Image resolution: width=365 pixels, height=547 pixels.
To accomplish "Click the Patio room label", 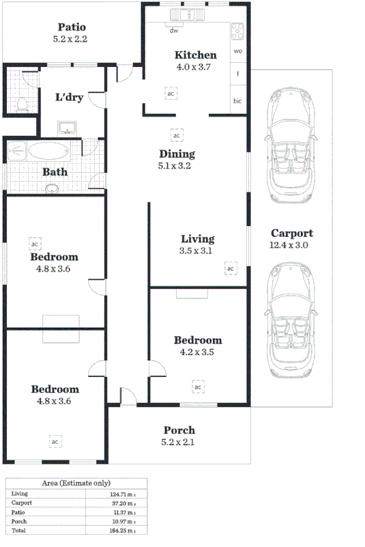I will [70, 28].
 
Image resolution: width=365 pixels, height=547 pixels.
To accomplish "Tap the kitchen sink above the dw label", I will [186, 14].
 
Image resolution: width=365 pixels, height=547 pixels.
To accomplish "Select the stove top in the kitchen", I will [237, 30].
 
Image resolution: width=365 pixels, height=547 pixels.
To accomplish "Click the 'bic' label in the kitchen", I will [237, 101].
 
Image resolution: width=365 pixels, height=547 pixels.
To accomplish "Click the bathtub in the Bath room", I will [47, 150].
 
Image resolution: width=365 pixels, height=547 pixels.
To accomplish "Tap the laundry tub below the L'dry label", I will [67, 127].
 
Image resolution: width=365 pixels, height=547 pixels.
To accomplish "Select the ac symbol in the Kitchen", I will [171, 93].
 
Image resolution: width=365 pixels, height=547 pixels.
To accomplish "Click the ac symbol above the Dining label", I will [177, 135].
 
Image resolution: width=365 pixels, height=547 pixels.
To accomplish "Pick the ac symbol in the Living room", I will [231, 268].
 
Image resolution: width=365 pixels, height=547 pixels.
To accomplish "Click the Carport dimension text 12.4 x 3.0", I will [291, 245].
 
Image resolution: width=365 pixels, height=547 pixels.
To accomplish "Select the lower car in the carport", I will [291, 319].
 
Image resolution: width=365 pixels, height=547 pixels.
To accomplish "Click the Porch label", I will [179, 430].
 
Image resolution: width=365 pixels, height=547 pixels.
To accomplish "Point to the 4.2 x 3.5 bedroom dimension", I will [197, 353].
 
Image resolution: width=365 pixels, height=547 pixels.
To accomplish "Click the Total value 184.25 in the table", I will [121, 529].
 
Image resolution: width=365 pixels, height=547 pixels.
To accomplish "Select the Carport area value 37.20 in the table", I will [121, 502].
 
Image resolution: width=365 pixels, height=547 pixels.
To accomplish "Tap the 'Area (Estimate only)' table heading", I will [76, 483].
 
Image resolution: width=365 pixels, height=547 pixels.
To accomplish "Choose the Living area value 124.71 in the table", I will [121, 493].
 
